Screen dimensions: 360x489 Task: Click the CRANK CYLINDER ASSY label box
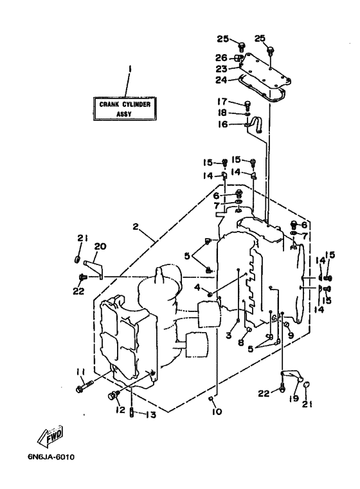(x=125, y=109)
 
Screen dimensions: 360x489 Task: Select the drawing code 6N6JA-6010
(x=51, y=457)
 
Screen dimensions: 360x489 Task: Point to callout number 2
(x=135, y=226)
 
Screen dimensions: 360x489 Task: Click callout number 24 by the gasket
(x=221, y=80)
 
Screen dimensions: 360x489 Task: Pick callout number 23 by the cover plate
(x=221, y=69)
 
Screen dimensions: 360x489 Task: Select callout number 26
(x=221, y=58)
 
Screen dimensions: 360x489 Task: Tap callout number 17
(x=222, y=102)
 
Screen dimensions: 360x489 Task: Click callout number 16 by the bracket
(x=222, y=124)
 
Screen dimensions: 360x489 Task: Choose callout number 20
(x=100, y=246)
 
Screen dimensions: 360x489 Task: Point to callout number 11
(x=80, y=371)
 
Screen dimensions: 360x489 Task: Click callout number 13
(x=151, y=414)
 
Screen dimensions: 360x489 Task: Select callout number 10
(x=217, y=411)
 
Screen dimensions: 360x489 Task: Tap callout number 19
(x=294, y=398)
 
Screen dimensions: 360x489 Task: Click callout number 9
(x=291, y=335)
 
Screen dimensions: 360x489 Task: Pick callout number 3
(x=229, y=335)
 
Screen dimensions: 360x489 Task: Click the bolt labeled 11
(x=84, y=385)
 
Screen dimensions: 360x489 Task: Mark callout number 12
(x=120, y=410)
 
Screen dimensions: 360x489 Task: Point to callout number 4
(x=197, y=287)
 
